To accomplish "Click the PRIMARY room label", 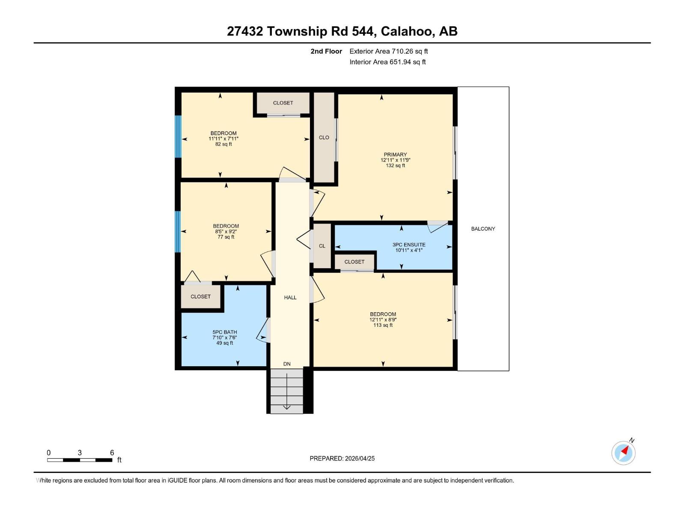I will (395, 155).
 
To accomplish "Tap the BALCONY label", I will (483, 229).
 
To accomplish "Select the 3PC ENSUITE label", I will (409, 245).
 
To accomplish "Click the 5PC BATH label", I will (225, 332).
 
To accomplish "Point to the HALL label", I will (290, 297).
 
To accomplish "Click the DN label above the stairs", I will (287, 364).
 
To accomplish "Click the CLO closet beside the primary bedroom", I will (324, 137).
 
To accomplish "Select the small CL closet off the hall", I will (322, 246).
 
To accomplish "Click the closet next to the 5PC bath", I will (200, 296).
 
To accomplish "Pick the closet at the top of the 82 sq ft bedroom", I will (283, 103).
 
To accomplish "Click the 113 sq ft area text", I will (383, 325).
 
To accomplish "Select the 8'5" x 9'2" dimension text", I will (226, 232).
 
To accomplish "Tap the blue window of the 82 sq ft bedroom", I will (179, 136).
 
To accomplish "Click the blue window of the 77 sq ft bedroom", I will (178, 231).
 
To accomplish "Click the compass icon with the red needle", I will (623, 453).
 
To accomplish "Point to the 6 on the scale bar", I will (112, 453).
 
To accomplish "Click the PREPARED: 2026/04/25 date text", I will (342, 458).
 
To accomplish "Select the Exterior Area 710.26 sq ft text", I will (388, 51).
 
